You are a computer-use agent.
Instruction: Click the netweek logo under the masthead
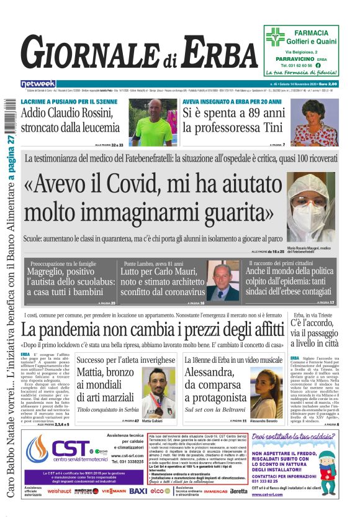(38, 83)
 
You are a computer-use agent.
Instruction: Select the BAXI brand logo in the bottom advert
(138, 491)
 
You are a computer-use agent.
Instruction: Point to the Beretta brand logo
(238, 491)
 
